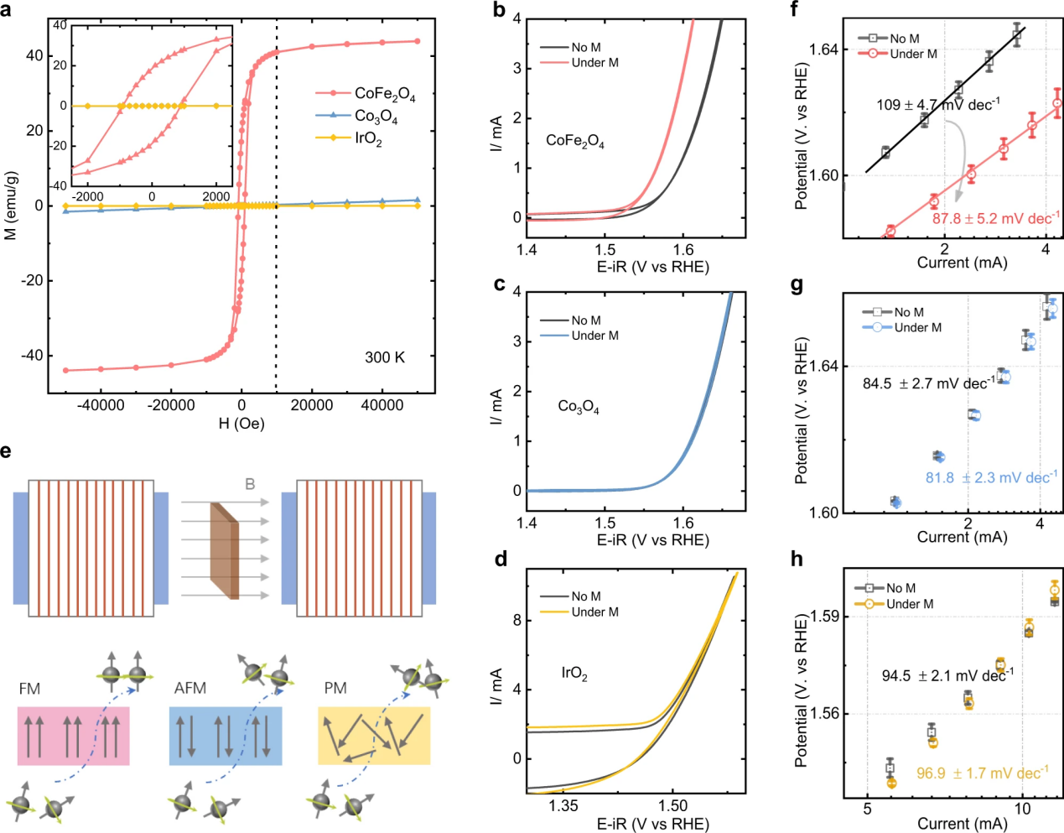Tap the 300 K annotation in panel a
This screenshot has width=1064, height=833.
click(x=385, y=357)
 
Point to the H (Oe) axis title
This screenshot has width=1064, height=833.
click(x=241, y=423)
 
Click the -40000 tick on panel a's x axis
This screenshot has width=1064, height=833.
click(x=101, y=405)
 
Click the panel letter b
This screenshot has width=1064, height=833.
click(x=500, y=11)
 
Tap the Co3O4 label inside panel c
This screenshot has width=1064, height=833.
click(x=579, y=407)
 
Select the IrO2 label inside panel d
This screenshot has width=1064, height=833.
click(x=574, y=674)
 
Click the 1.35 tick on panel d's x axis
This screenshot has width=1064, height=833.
click(x=563, y=806)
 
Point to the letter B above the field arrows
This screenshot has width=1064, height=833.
click(x=250, y=484)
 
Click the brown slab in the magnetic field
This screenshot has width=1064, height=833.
click(x=225, y=551)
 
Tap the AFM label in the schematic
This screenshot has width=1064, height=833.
click(x=190, y=689)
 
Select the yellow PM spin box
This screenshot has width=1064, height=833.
click(x=374, y=736)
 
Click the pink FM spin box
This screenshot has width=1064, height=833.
click(x=74, y=736)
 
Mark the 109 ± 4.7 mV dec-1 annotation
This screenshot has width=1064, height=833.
click(x=938, y=105)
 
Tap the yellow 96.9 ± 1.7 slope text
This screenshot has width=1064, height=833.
click(x=982, y=773)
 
